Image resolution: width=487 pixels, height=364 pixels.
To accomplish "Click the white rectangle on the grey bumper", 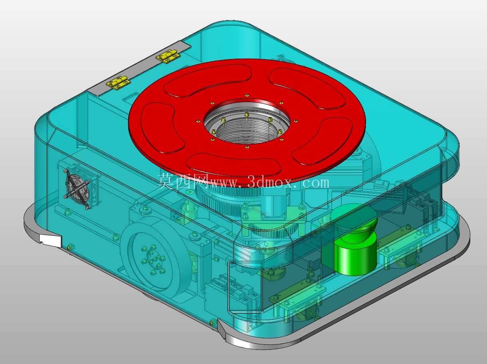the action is [50, 240].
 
